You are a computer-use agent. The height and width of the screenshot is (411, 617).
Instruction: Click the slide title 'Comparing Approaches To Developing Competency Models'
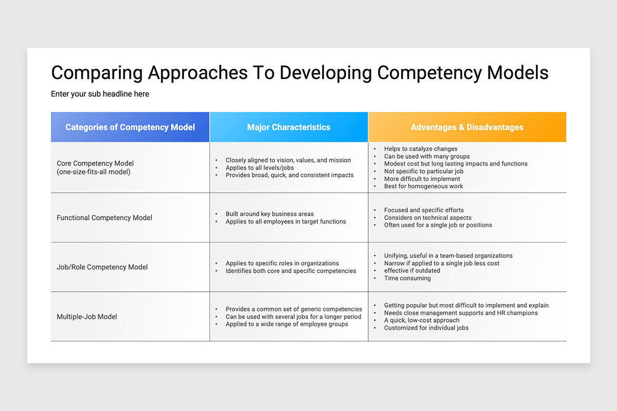[x=299, y=73]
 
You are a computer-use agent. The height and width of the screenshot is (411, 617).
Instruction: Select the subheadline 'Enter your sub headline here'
[x=100, y=94]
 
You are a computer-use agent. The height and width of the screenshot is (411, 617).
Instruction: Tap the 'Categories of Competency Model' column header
[x=130, y=127]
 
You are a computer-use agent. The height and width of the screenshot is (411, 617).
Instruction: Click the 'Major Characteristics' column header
[x=288, y=127]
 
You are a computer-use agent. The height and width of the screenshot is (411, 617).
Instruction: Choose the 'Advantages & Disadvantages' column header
[x=467, y=127]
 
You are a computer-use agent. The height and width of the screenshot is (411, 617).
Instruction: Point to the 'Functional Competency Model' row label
[x=104, y=218]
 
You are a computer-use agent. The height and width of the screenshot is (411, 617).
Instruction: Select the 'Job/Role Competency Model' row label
[x=102, y=267]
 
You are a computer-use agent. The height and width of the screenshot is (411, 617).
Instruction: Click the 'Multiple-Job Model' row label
[x=87, y=317]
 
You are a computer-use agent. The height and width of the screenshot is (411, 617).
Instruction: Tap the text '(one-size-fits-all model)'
[x=94, y=172]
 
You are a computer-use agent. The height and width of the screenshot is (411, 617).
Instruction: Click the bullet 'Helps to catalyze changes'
[x=420, y=149]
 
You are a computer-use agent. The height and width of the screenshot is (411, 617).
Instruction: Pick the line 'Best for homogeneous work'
[x=423, y=186]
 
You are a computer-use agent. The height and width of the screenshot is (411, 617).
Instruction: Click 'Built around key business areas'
[x=269, y=214]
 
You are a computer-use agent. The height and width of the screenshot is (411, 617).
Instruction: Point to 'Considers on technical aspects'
[x=427, y=218]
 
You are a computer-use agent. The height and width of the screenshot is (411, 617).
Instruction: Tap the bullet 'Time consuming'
[x=407, y=278]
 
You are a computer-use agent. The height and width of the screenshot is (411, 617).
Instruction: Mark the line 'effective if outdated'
[x=412, y=271]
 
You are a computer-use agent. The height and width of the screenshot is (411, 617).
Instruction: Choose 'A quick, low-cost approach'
[x=422, y=321]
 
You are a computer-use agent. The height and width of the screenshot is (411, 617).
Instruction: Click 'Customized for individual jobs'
[x=426, y=328]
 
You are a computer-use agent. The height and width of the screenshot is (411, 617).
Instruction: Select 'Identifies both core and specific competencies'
[x=291, y=271]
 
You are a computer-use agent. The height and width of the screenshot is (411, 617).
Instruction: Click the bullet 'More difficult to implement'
[x=422, y=179]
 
